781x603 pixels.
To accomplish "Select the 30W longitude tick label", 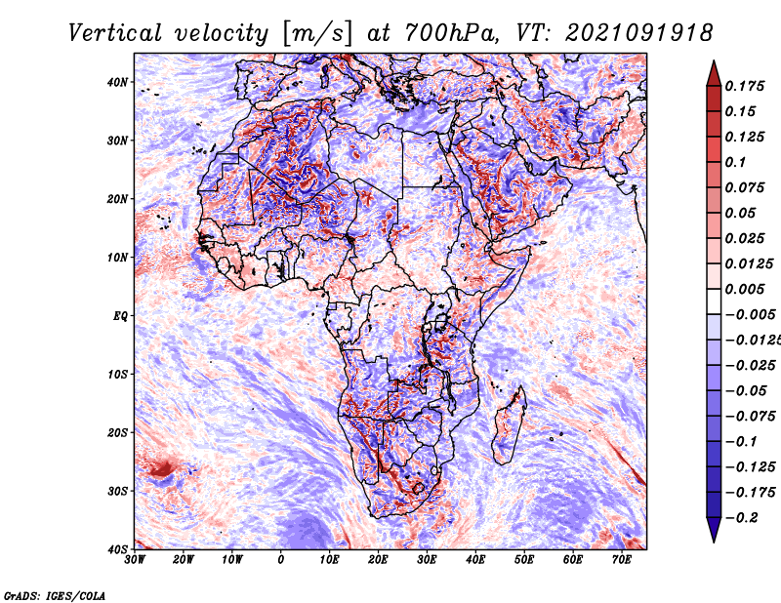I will (x=136, y=560).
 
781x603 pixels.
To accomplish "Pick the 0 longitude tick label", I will (x=281, y=560).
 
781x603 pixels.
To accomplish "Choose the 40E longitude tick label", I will (x=475, y=560).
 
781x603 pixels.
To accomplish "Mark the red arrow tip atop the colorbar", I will (x=713, y=67).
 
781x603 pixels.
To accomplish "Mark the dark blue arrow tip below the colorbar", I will (x=713, y=535).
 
